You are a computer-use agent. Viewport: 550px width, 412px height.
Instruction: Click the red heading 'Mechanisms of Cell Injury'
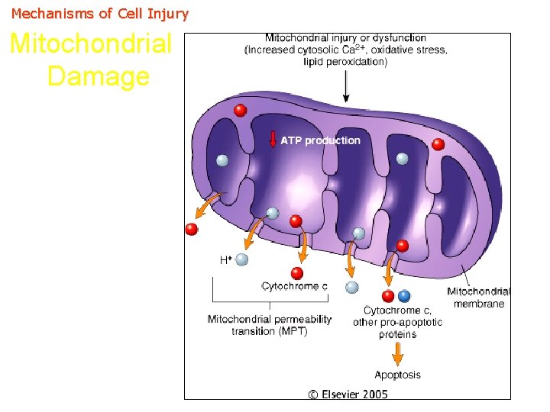(x=100, y=14)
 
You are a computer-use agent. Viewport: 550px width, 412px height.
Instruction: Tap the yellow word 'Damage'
(x=98, y=76)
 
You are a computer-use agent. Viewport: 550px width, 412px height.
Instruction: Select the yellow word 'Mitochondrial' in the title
(x=91, y=44)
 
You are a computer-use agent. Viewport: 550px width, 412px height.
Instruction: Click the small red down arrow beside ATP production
(x=273, y=140)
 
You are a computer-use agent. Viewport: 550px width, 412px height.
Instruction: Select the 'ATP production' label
(x=320, y=140)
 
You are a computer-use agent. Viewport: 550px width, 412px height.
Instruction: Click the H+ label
(x=226, y=260)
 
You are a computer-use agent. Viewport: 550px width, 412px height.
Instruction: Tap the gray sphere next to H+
(x=242, y=259)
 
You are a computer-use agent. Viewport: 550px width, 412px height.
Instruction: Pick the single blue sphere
(x=404, y=296)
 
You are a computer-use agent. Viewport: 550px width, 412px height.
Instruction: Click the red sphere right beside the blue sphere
(x=388, y=296)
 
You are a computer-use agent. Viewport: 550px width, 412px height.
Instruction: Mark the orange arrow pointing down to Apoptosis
(x=397, y=352)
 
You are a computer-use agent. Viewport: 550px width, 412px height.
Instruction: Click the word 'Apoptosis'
(x=397, y=375)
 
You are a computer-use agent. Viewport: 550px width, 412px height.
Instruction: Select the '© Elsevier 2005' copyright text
(x=348, y=394)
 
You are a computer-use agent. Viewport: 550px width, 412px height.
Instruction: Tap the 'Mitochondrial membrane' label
(x=479, y=298)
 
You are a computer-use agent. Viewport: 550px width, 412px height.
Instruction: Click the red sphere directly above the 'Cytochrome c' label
(x=297, y=273)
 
